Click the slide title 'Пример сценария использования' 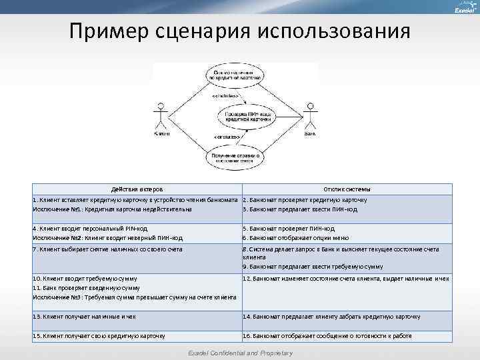pos(239,32)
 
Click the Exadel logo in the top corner pos(464,9)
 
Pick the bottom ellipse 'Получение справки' pos(235,158)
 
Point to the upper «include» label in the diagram pos(226,95)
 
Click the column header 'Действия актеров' pos(137,189)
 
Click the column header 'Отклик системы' pos(347,189)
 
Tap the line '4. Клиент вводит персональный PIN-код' pos(90,229)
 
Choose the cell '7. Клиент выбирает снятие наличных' pos(107,249)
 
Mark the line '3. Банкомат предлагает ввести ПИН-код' pos(300,209)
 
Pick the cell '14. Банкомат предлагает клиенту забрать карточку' pos(331,317)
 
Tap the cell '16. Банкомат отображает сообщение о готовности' pos(327,336)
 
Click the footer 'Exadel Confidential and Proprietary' pos(239,352)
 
